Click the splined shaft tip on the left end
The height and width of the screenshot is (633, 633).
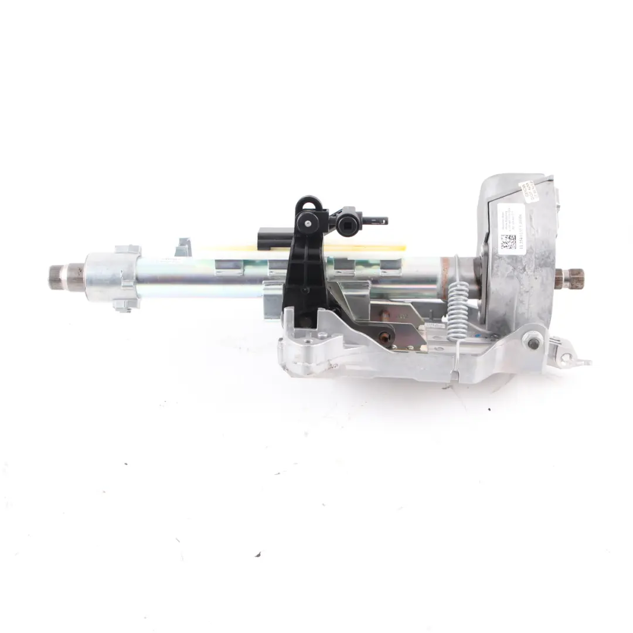click(57, 276)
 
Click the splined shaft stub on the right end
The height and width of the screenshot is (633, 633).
click(571, 278)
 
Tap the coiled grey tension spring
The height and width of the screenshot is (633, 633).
click(459, 311)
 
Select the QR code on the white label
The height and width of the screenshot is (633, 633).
click(508, 241)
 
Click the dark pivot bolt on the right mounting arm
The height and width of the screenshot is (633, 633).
click(533, 343)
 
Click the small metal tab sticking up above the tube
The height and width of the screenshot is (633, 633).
click(183, 246)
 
